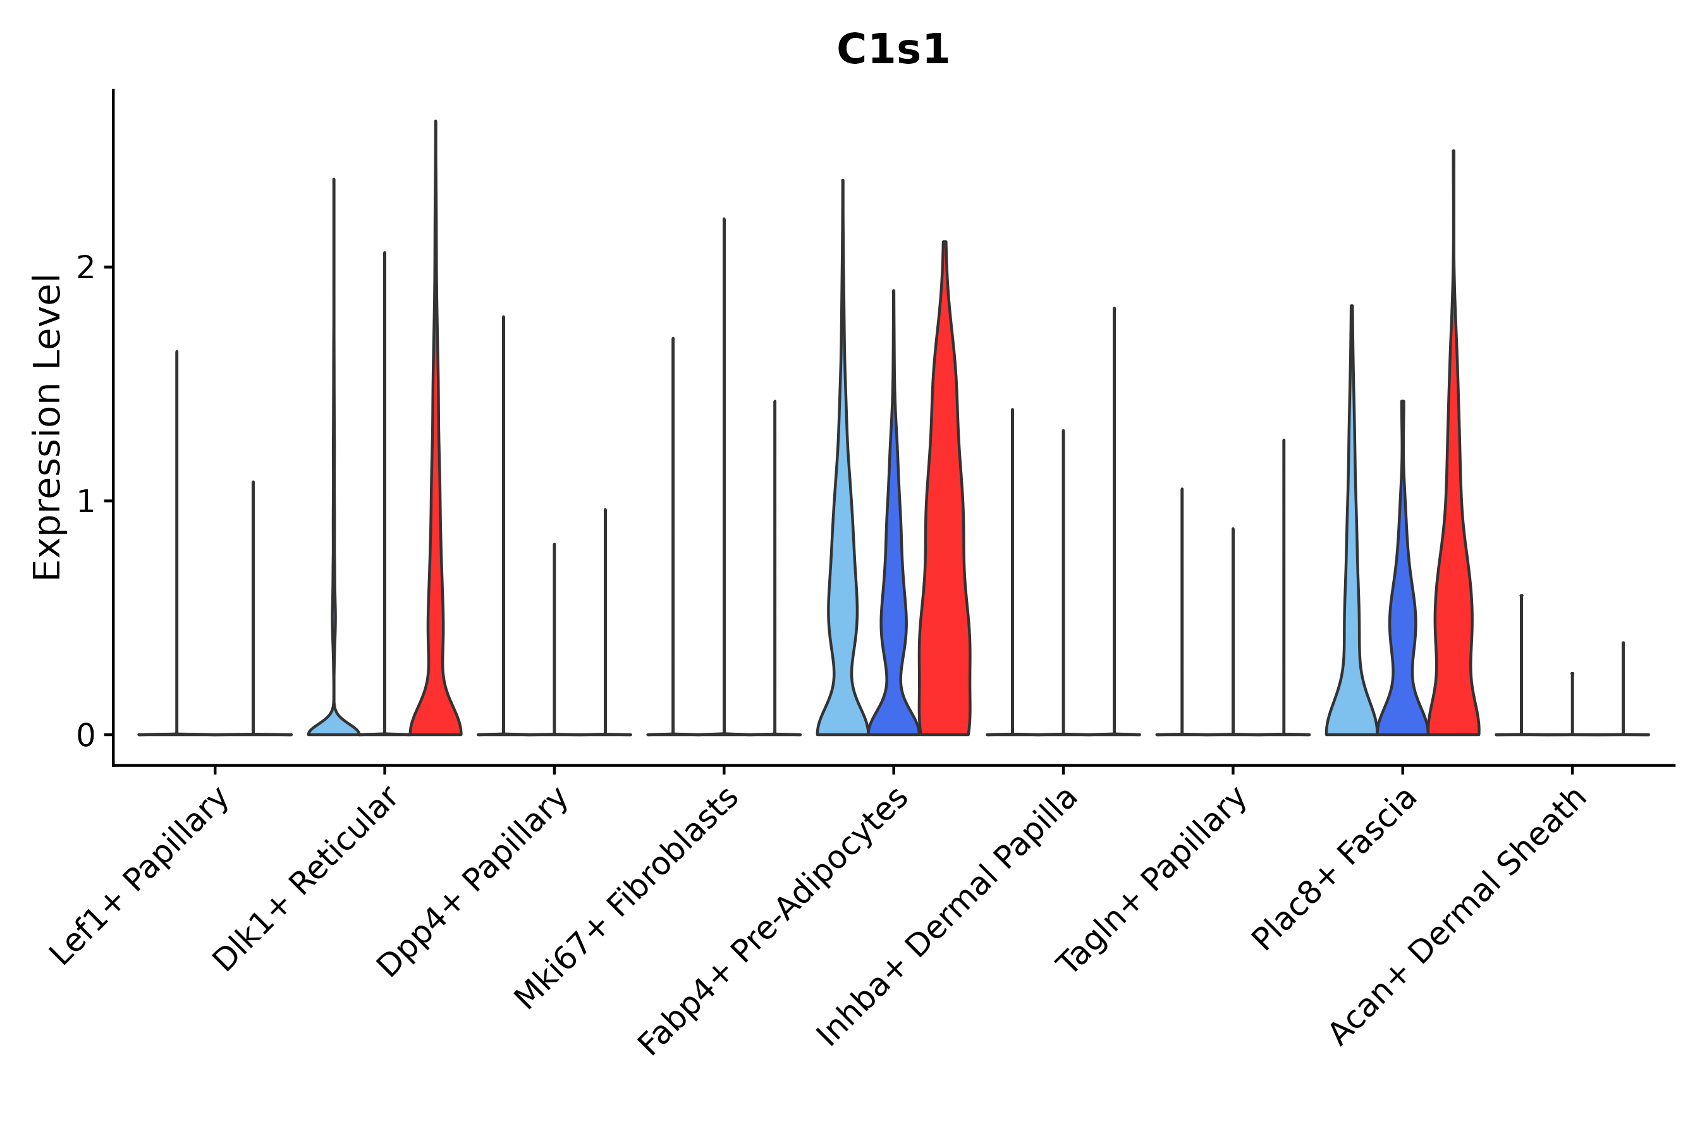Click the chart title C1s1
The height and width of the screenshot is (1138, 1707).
coord(892,51)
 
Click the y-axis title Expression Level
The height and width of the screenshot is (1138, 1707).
coord(48,427)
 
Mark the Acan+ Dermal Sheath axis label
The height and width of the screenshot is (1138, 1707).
coord(1459,917)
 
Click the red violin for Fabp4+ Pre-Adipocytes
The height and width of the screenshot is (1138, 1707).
coord(944,580)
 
